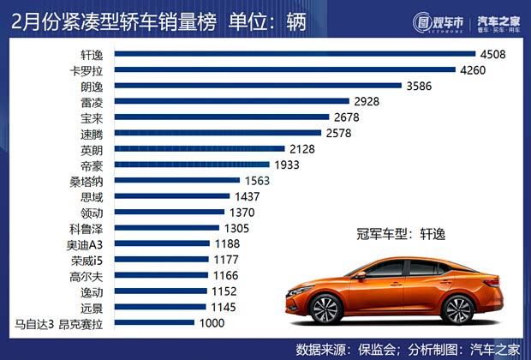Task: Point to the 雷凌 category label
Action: click(92, 101)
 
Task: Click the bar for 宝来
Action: click(222, 117)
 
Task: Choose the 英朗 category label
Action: click(92, 148)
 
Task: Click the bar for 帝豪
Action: click(192, 165)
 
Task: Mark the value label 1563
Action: click(261, 180)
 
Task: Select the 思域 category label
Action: click(92, 196)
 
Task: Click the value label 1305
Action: click(242, 228)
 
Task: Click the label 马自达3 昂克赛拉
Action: click(58, 323)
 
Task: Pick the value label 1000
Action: click(210, 323)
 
